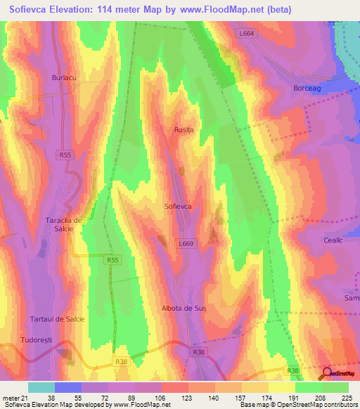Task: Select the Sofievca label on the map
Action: point(178,207)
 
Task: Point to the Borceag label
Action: point(306,89)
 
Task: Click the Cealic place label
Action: point(333,240)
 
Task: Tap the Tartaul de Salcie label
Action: point(58,319)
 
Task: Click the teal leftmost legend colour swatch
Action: point(41,387)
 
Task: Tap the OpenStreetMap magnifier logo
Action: point(327,373)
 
